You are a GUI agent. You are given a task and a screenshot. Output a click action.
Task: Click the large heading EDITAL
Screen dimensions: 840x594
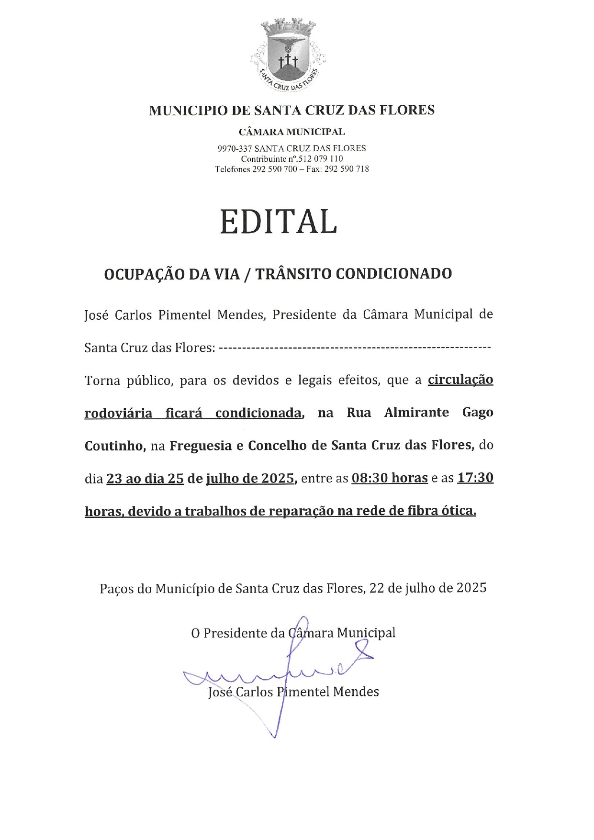coord(279,222)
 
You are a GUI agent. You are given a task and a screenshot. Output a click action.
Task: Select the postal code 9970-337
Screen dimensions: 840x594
coord(235,148)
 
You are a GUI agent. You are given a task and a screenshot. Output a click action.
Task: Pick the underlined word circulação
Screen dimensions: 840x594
coord(460,380)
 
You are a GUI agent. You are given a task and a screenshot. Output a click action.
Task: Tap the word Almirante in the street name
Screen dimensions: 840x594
coord(416,413)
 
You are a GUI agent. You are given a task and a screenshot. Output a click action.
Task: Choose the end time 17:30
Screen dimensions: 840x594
coord(475,478)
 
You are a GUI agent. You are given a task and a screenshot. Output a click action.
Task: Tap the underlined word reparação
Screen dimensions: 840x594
coord(301,512)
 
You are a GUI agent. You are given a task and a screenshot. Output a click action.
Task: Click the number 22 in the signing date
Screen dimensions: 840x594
coord(377,588)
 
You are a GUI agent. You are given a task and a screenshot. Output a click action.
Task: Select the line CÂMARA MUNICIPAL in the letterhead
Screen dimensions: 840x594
coord(291,132)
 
